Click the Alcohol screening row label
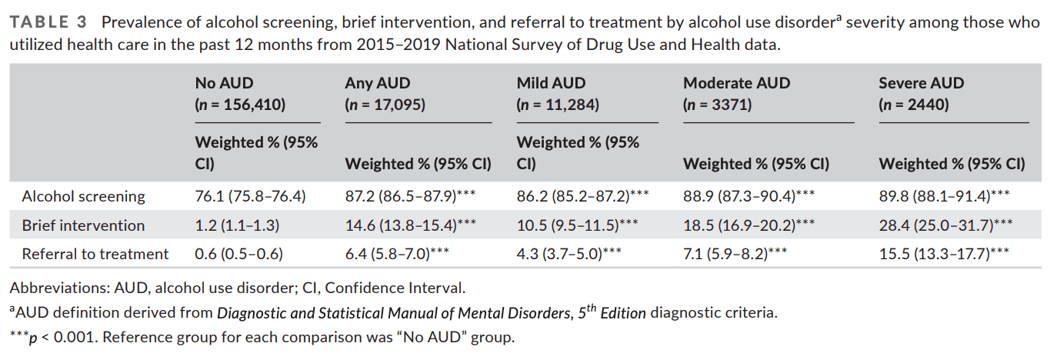[83, 196]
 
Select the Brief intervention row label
[83, 225]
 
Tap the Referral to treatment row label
[95, 254]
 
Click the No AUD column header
[224, 83]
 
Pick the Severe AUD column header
[921, 83]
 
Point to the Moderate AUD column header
[736, 83]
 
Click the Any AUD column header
[378, 83]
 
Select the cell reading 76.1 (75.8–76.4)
[251, 196]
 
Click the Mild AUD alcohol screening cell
[582, 196]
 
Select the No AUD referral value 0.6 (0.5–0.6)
[239, 254]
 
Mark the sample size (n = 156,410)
[240, 105]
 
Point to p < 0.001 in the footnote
[60, 337]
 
